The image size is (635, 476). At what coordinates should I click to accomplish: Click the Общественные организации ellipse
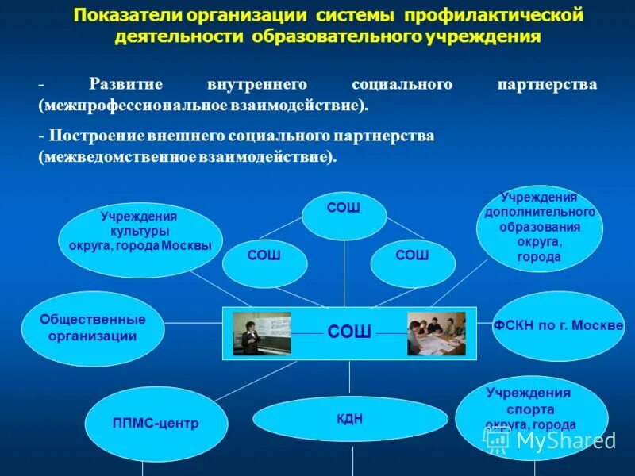pyautogui.click(x=93, y=328)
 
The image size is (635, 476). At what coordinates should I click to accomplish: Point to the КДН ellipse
pyautogui.click(x=350, y=419)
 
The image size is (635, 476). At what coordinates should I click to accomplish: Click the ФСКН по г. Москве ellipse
pyautogui.click(x=558, y=326)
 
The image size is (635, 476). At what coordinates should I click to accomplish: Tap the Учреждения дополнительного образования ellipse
pyautogui.click(x=540, y=228)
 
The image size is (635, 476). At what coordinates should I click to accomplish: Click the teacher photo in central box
pyautogui.click(x=261, y=333)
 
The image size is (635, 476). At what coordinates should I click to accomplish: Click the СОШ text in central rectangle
pyautogui.click(x=349, y=332)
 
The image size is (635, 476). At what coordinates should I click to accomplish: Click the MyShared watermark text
pyautogui.click(x=565, y=440)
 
